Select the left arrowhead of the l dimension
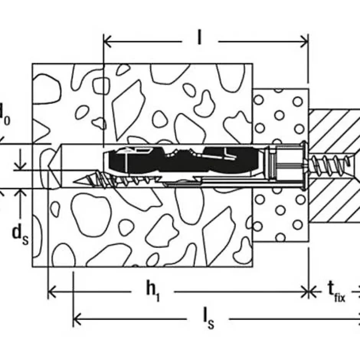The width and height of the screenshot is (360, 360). [x=107, y=41]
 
